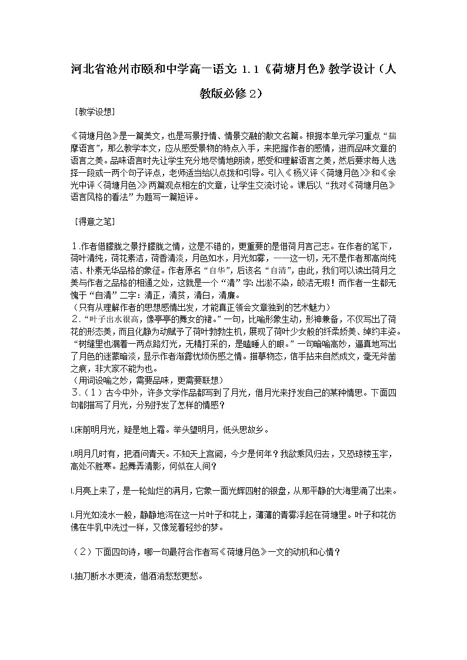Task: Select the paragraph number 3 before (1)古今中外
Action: click(74, 391)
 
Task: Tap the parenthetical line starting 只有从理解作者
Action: click(200, 307)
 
